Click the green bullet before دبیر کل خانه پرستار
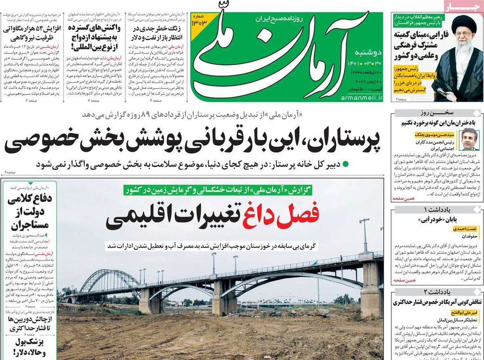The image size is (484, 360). point(345,164)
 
